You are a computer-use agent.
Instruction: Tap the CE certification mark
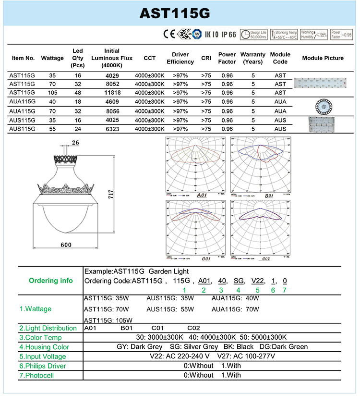tap(168, 35)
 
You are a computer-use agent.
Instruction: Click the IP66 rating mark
tap(228, 35)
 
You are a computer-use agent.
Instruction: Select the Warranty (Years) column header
tap(252, 58)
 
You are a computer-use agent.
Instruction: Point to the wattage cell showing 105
tap(52, 93)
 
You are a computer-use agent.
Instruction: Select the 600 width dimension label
tap(66, 245)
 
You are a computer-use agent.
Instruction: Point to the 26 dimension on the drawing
tap(75, 142)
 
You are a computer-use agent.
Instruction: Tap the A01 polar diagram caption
tap(202, 196)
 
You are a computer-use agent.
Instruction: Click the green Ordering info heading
tap(51, 281)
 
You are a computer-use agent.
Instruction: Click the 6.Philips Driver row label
tap(43, 366)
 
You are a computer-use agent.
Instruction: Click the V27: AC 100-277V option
tap(246, 356)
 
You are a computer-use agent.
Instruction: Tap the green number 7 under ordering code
tap(284, 290)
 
